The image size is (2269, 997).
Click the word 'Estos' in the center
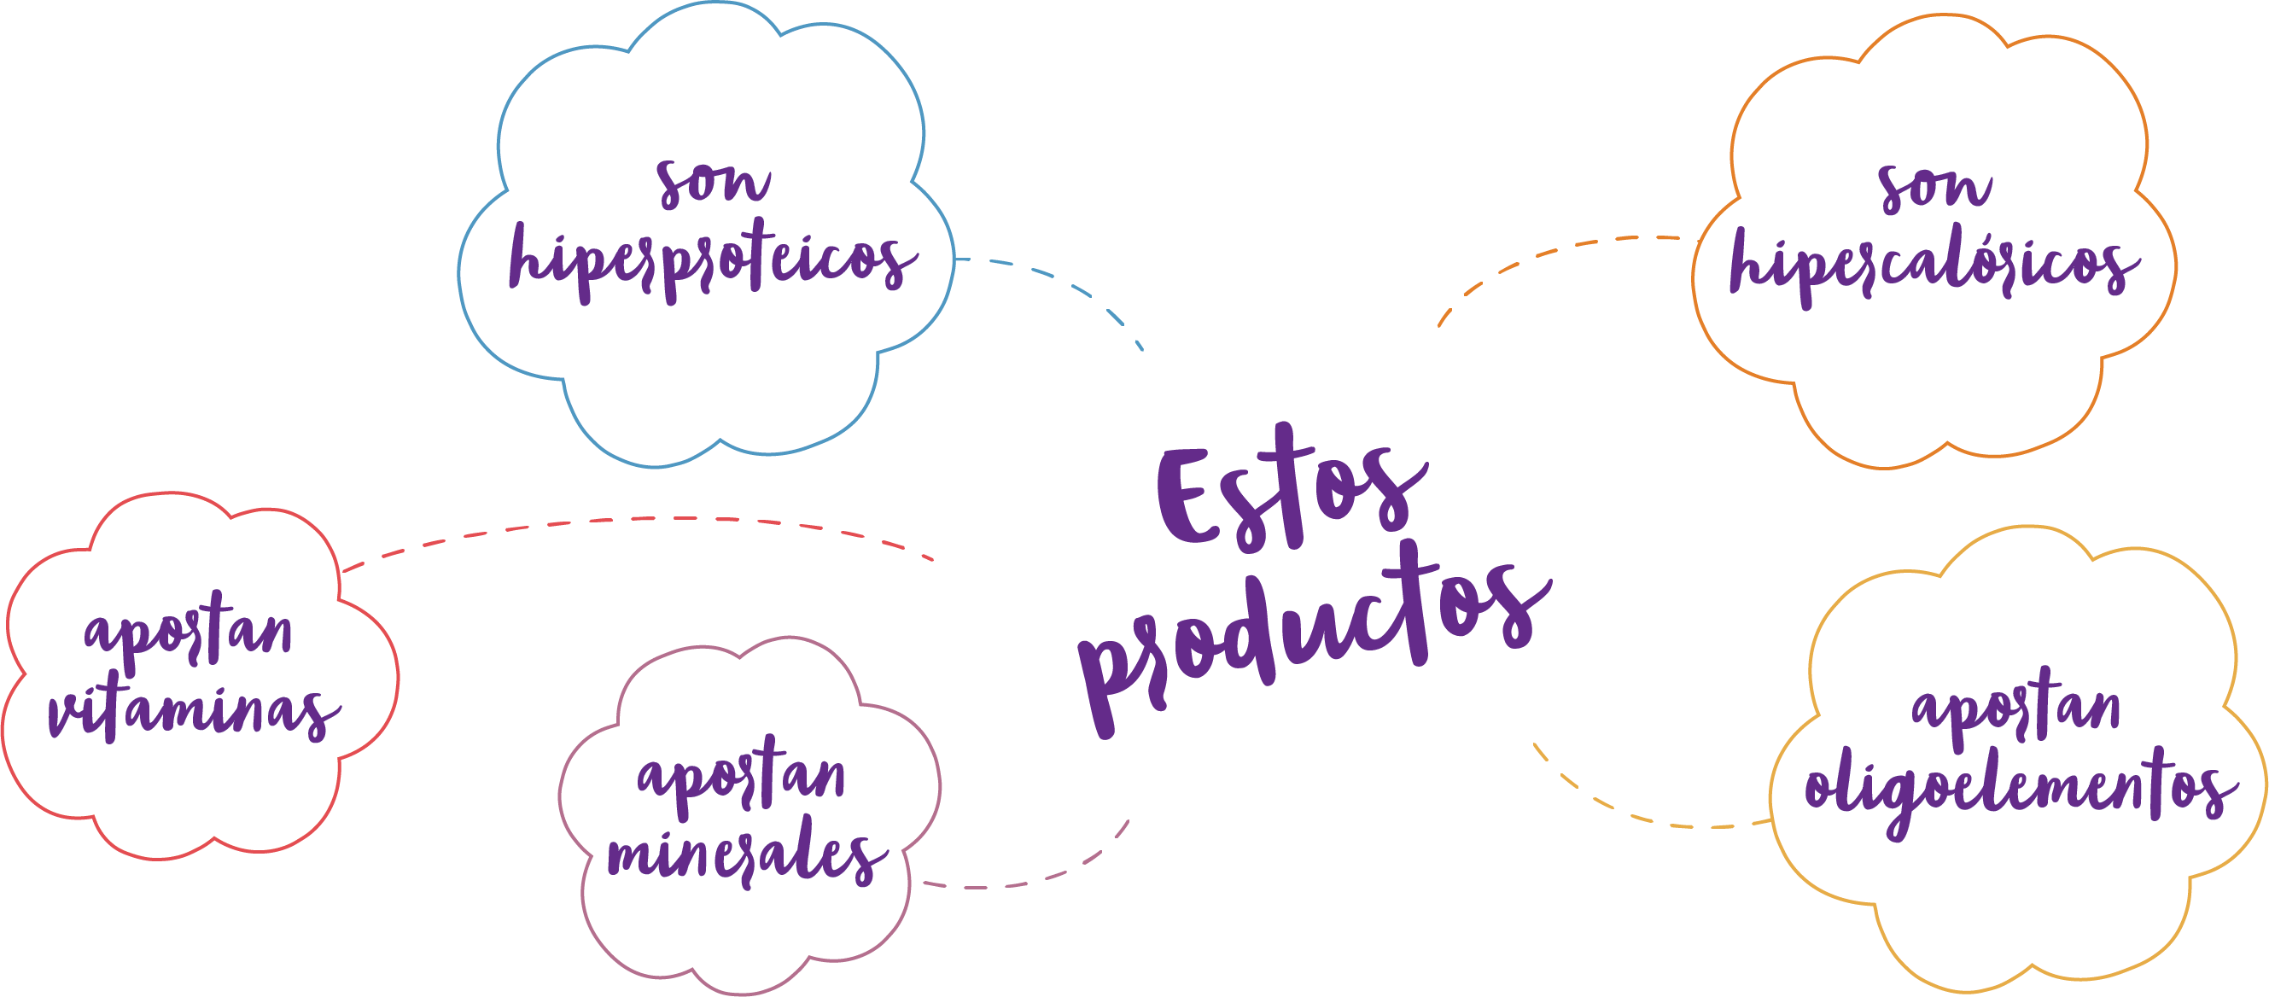(1291, 493)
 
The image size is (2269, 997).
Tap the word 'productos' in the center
(1312, 634)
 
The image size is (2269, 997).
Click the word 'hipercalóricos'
(1934, 265)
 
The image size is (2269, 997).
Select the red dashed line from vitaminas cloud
(634, 520)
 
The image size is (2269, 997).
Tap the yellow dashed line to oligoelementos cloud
(1638, 815)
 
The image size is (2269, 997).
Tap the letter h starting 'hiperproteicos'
(528, 255)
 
